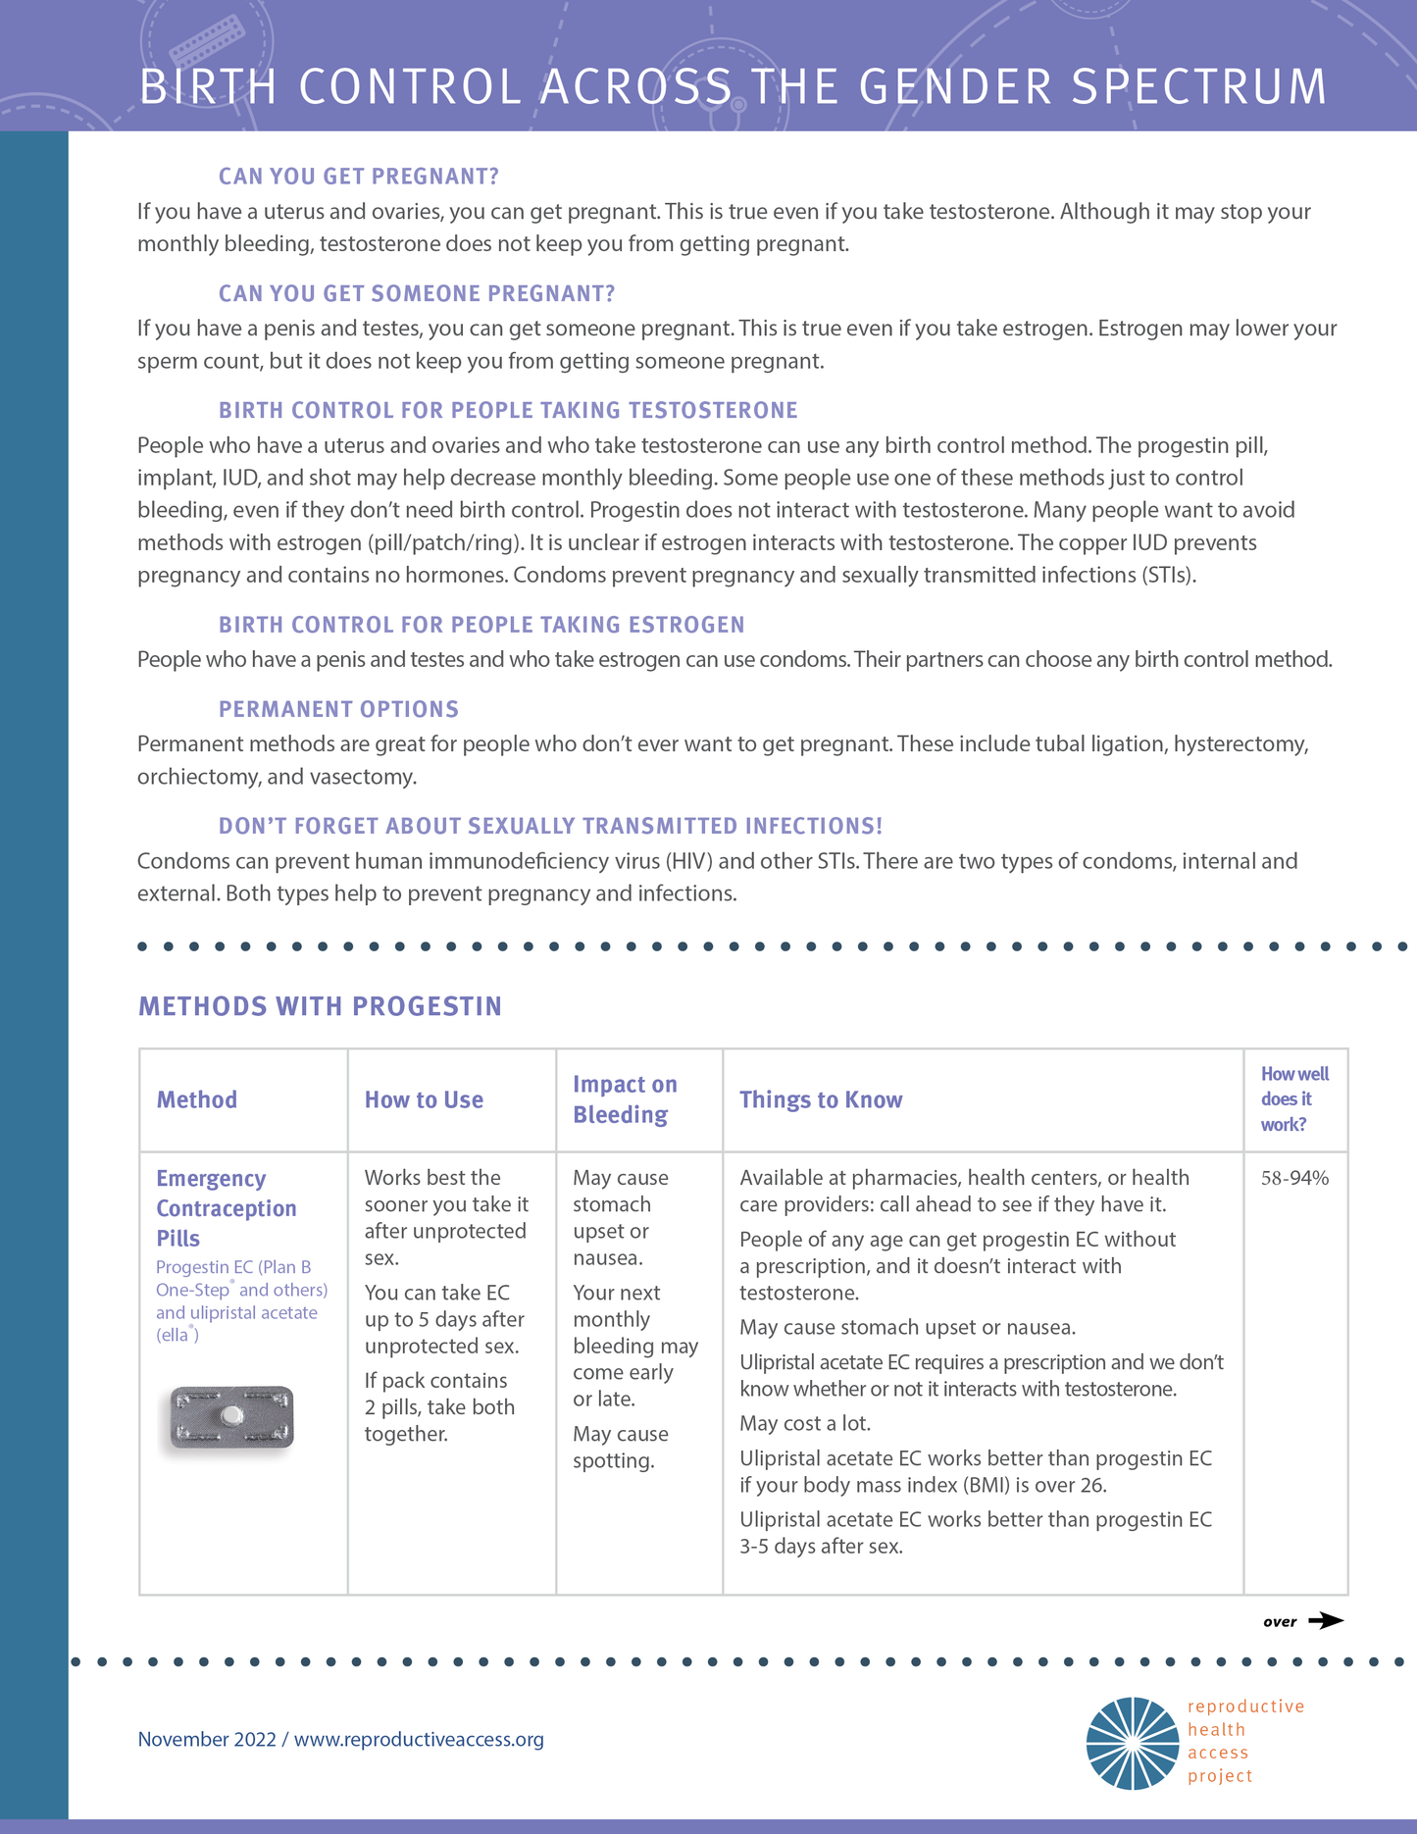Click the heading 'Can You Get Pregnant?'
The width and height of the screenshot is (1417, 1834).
358,177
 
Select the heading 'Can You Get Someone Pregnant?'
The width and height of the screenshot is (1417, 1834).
417,293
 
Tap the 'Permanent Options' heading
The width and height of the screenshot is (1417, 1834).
338,709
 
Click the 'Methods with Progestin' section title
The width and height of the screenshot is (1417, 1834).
320,1006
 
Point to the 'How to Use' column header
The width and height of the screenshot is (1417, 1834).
424,1100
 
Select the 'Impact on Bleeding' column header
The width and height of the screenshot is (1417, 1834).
625,1099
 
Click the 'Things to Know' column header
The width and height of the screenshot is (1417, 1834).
821,1100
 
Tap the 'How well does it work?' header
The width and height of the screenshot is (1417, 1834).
1293,1099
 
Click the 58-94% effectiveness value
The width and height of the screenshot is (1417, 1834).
1294,1178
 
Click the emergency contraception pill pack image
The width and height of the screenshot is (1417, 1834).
231,1417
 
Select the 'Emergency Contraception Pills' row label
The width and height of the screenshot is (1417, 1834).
226,1208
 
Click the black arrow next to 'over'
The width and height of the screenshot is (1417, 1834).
1326,1620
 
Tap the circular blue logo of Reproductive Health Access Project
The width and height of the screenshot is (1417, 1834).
1133,1743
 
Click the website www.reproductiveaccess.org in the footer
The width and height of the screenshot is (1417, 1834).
419,1739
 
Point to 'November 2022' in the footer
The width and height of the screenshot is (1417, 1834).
207,1739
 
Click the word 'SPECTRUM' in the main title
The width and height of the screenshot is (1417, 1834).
1198,86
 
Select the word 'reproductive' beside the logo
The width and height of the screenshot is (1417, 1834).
1245,1707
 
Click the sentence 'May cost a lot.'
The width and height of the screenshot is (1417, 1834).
805,1423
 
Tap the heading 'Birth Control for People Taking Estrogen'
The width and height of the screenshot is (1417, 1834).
481,625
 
